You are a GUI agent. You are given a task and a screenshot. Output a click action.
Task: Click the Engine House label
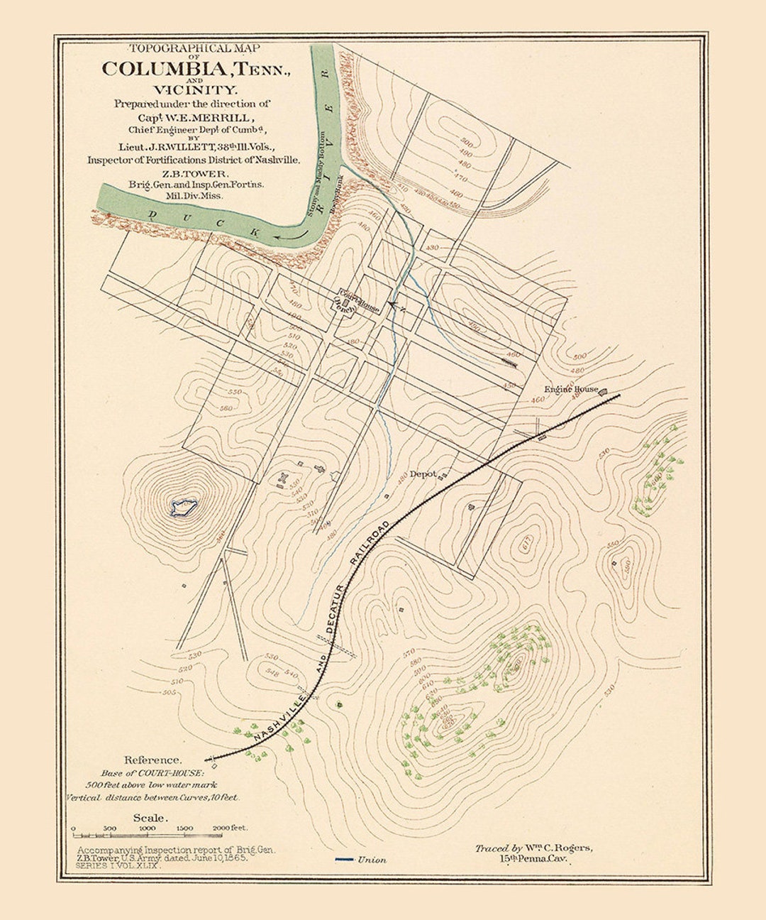(571, 389)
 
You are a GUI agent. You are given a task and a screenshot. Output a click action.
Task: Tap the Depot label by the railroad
(423, 473)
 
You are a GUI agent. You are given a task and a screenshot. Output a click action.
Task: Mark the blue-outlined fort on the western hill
(184, 507)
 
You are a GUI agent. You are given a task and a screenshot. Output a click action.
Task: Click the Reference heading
(152, 759)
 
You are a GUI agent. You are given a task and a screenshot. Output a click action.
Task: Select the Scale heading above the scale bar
(150, 818)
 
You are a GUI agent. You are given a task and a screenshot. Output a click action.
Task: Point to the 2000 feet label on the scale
(229, 828)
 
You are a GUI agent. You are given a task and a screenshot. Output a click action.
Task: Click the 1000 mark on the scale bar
(147, 828)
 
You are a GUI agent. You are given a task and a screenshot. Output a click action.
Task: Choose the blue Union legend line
(345, 860)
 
